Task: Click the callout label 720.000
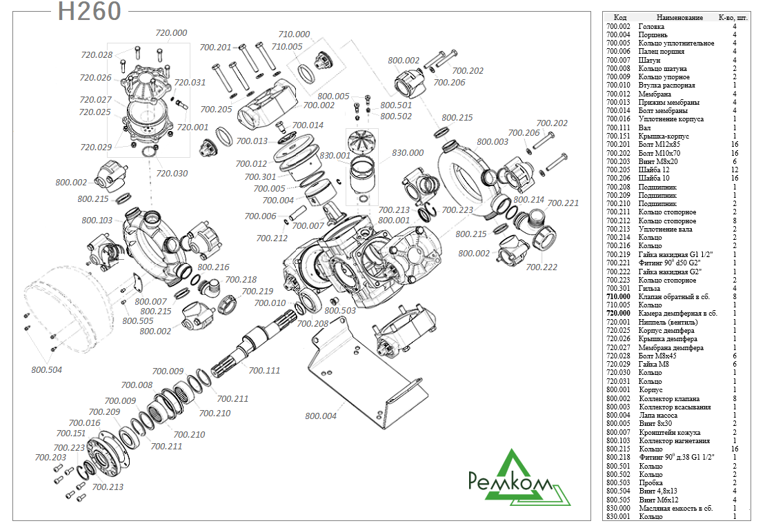(171, 33)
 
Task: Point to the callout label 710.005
(287, 46)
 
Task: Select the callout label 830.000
(408, 152)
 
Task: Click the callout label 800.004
(321, 416)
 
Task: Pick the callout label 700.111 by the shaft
(264, 370)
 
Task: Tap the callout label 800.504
(46, 369)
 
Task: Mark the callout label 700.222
(542, 267)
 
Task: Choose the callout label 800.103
(97, 221)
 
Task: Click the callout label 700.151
(71, 434)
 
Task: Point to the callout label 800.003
(493, 141)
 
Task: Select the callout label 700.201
(215, 48)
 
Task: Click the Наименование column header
(679, 17)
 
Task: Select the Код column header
(619, 17)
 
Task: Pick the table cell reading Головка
(652, 26)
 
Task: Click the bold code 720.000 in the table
(618, 314)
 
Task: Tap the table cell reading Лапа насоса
(660, 415)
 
